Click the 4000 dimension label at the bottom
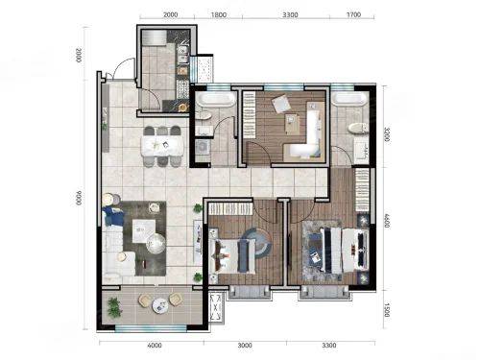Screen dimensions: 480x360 155,346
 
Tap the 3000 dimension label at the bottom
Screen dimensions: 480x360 245,346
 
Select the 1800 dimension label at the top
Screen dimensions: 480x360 219,14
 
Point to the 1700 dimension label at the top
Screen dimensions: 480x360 353,14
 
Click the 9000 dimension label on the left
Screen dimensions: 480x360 79,199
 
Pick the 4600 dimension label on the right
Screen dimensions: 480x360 387,221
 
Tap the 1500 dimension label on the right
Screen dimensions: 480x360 387,310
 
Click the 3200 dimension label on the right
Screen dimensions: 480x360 387,134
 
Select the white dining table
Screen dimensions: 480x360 162,146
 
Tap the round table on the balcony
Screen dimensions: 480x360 160,305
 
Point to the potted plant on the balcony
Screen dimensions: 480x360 114,307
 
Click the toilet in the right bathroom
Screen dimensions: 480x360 358,128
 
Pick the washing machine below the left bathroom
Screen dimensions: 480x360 203,147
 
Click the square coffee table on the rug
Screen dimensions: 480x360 144,230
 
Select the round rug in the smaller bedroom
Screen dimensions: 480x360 257,243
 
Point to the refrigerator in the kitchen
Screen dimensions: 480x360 154,37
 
